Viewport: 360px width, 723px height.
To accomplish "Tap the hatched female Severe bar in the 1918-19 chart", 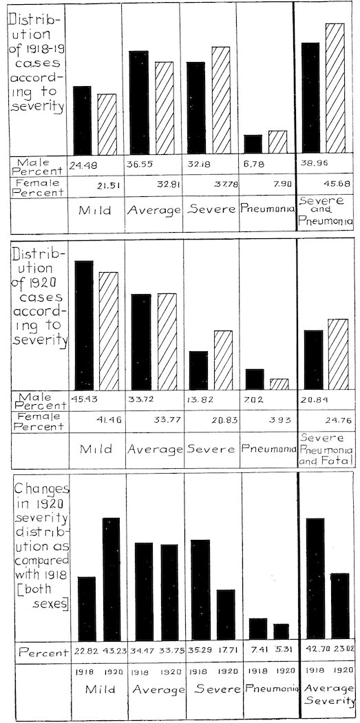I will pyautogui.click(x=221, y=99).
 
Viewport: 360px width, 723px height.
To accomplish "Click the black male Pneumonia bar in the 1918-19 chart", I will pyautogui.click(x=253, y=143).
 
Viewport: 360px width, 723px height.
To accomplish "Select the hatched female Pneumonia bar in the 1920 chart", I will pyautogui.click(x=279, y=384).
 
